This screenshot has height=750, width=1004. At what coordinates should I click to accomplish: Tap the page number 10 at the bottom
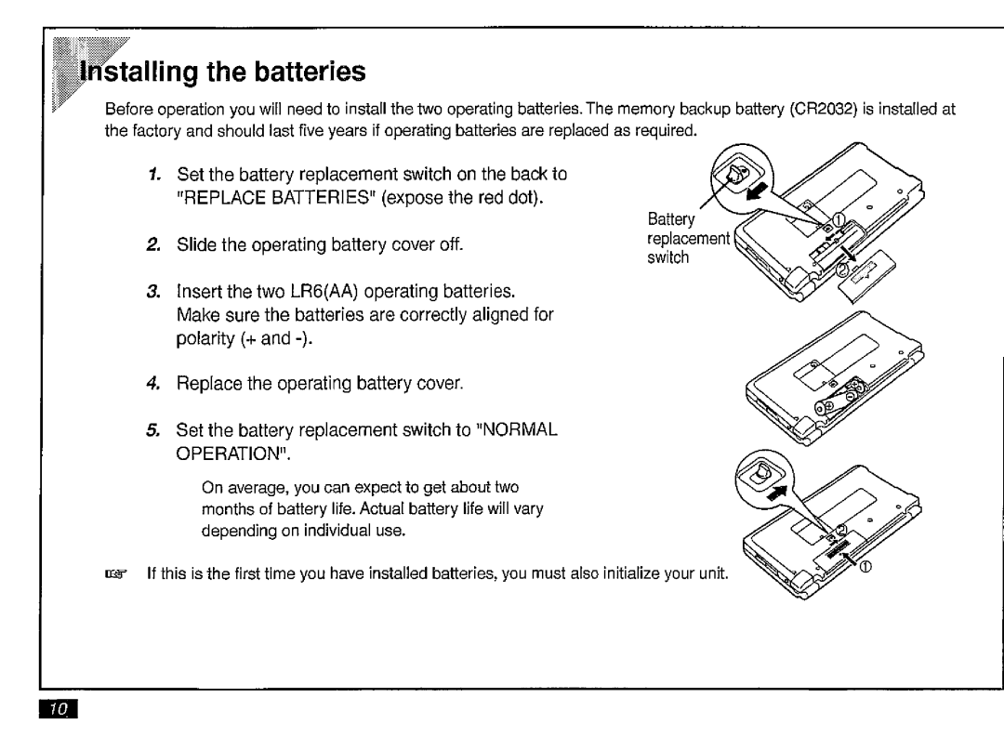pyautogui.click(x=58, y=710)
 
